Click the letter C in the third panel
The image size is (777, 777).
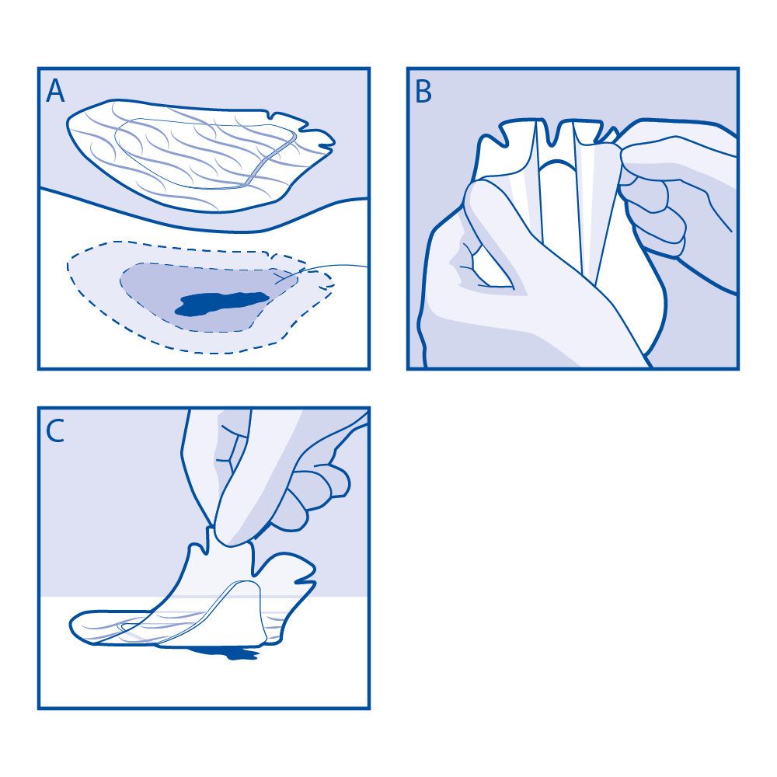[55, 430]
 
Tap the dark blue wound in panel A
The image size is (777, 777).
[221, 303]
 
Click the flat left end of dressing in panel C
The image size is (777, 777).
[99, 627]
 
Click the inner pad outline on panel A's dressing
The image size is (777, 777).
[206, 154]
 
